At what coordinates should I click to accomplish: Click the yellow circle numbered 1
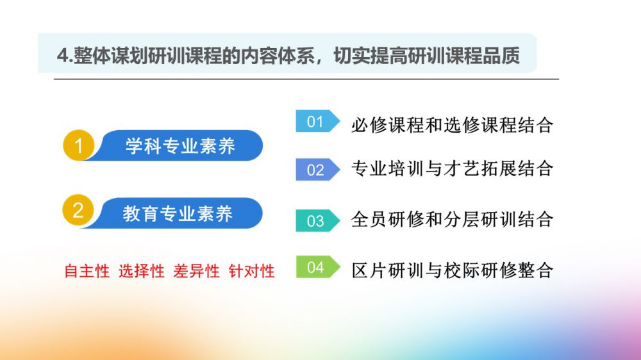[78, 145]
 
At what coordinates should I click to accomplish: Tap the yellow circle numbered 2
[78, 210]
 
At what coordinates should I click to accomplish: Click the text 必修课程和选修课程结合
[452, 125]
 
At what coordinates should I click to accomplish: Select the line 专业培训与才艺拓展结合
[452, 168]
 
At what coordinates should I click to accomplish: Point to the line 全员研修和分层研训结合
[452, 220]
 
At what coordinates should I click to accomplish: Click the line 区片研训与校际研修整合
[452, 270]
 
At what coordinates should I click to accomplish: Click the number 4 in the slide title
[62, 56]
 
